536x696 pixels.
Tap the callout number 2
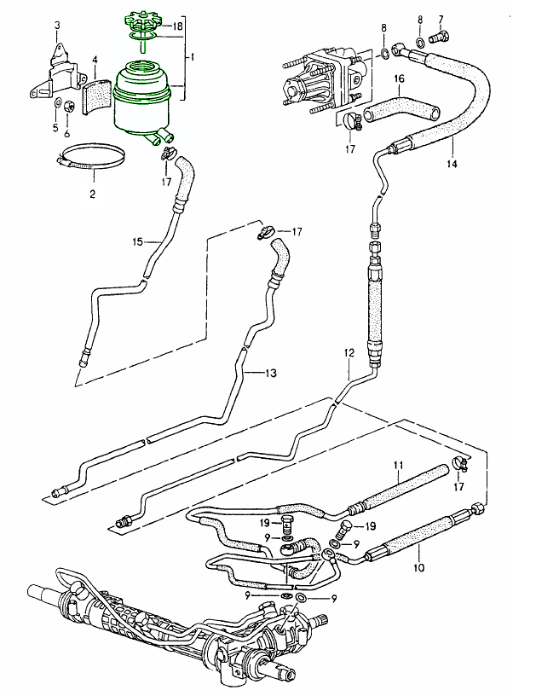click(x=92, y=194)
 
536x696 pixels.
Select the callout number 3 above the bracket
click(x=57, y=25)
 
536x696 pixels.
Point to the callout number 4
click(x=95, y=60)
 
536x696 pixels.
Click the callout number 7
click(x=441, y=18)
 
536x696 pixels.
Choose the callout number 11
click(x=397, y=465)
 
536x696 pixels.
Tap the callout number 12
click(x=348, y=351)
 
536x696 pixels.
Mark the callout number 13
click(x=272, y=373)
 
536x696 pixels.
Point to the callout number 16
click(x=398, y=78)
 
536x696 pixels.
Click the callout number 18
click(x=178, y=26)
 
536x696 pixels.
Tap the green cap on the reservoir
click(x=141, y=20)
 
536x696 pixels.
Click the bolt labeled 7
click(x=441, y=38)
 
